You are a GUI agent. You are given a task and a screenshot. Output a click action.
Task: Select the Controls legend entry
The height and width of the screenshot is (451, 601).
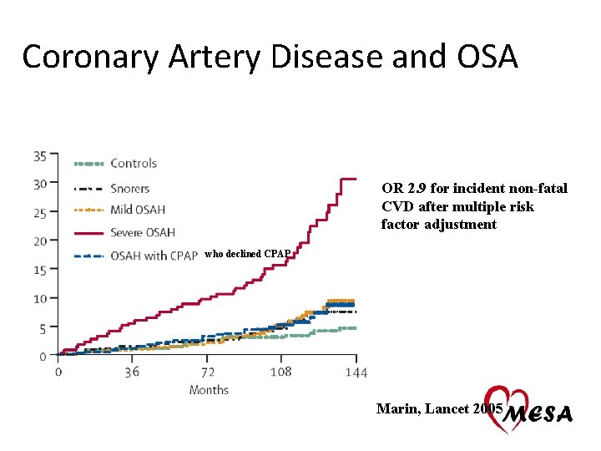coord(134,163)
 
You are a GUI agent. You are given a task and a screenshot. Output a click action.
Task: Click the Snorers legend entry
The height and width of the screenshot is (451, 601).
coord(129,189)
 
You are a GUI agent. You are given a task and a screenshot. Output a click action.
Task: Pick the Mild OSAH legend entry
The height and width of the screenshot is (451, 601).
coord(138,210)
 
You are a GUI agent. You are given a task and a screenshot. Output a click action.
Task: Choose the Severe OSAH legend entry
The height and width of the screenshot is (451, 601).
coord(142,232)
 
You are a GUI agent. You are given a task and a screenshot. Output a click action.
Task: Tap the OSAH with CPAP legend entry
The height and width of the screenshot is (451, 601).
coord(154,256)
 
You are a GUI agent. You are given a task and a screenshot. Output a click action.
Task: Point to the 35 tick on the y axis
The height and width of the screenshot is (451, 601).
coord(40,155)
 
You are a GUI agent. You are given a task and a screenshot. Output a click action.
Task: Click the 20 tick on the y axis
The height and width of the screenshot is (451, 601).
coord(40,241)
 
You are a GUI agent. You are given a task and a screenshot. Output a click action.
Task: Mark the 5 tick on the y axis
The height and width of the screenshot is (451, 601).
coord(43,328)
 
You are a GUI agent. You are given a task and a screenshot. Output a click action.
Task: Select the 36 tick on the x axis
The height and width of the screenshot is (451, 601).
coord(132,372)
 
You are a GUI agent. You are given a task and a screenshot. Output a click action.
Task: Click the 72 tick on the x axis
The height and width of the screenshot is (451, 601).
coord(207,372)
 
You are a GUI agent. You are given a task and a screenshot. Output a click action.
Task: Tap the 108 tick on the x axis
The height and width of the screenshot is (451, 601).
coord(280,372)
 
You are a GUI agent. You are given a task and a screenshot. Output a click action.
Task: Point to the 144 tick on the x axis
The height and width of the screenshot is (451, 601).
coord(356,372)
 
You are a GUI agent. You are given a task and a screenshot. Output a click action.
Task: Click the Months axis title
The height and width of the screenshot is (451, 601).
coord(209,390)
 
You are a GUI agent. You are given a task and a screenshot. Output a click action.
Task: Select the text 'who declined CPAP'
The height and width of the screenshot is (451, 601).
coord(247,253)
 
